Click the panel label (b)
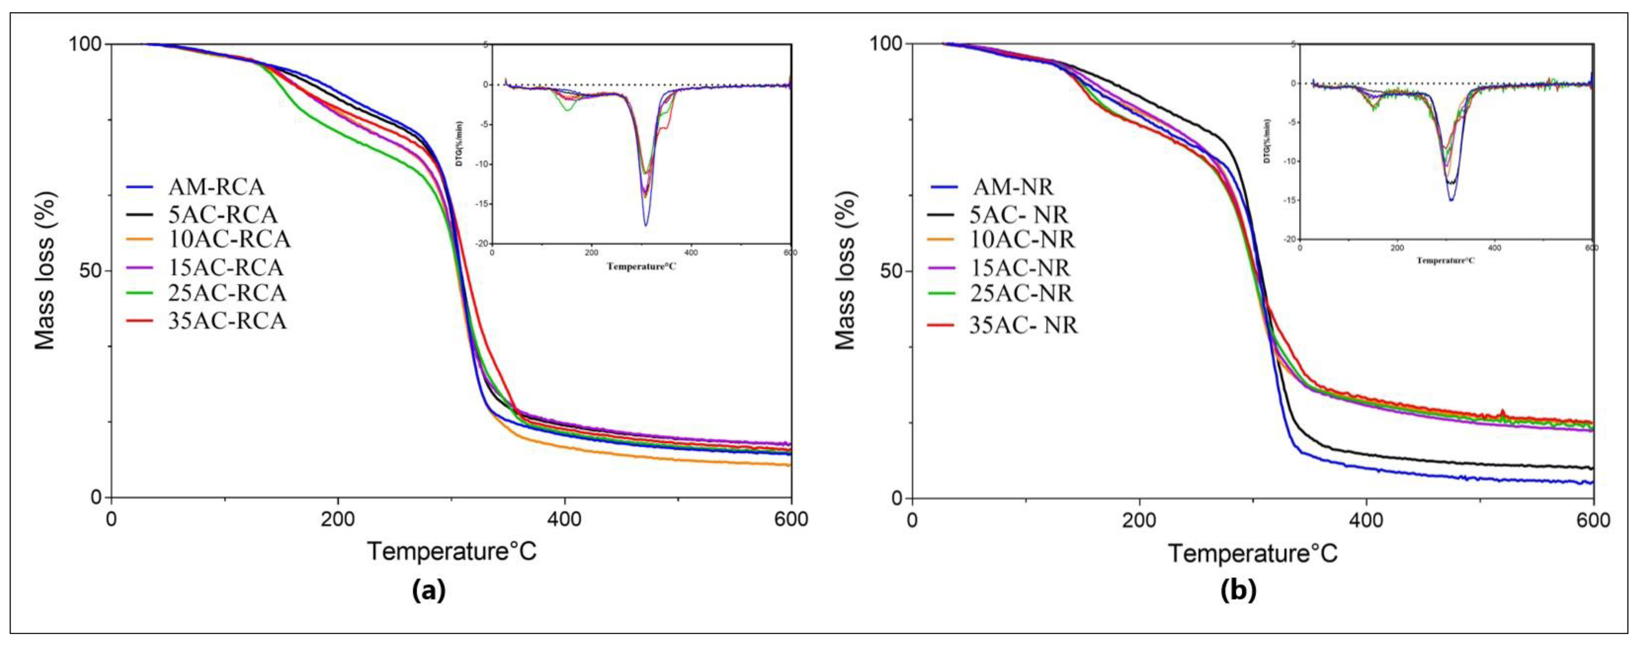(x=1238, y=591)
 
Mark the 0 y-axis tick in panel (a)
(x=96, y=497)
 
